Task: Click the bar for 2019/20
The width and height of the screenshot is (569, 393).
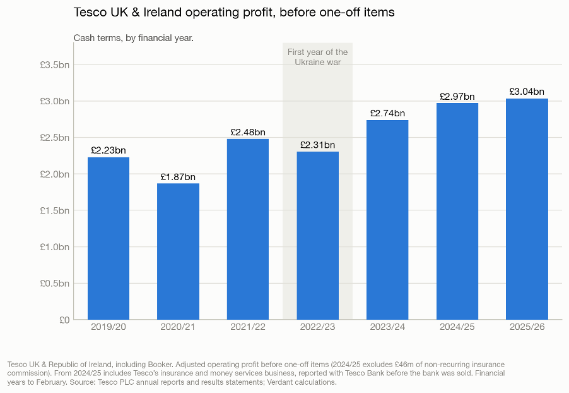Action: pyautogui.click(x=109, y=238)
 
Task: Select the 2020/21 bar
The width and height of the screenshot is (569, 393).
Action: pyautogui.click(x=178, y=251)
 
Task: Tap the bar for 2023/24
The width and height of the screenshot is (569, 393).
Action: pyautogui.click(x=387, y=220)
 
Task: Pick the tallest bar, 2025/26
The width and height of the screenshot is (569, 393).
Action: pyautogui.click(x=527, y=209)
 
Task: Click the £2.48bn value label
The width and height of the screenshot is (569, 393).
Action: pyautogui.click(x=248, y=132)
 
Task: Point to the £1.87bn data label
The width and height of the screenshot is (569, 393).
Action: pyautogui.click(x=178, y=177)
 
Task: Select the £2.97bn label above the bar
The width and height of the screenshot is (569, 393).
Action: pyautogui.click(x=457, y=96)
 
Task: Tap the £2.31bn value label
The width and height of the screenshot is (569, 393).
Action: pyautogui.click(x=317, y=145)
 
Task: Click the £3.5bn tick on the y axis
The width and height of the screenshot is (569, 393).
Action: pyautogui.click(x=55, y=65)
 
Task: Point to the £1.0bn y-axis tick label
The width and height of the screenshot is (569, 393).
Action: pyautogui.click(x=55, y=247)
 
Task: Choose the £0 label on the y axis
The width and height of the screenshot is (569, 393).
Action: pyautogui.click(x=64, y=320)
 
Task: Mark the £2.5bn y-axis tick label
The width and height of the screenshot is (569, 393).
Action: pyautogui.click(x=55, y=138)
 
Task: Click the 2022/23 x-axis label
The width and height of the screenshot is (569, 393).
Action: pyautogui.click(x=317, y=327)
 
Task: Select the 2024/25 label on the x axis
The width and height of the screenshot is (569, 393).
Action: pyautogui.click(x=457, y=327)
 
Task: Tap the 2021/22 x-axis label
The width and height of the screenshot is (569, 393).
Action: pyautogui.click(x=248, y=327)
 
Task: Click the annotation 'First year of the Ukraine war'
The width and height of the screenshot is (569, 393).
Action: pyautogui.click(x=317, y=57)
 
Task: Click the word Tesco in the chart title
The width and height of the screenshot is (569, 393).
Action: pyautogui.click(x=91, y=13)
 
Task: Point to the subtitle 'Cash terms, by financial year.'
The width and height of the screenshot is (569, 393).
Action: pyautogui.click(x=134, y=38)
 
